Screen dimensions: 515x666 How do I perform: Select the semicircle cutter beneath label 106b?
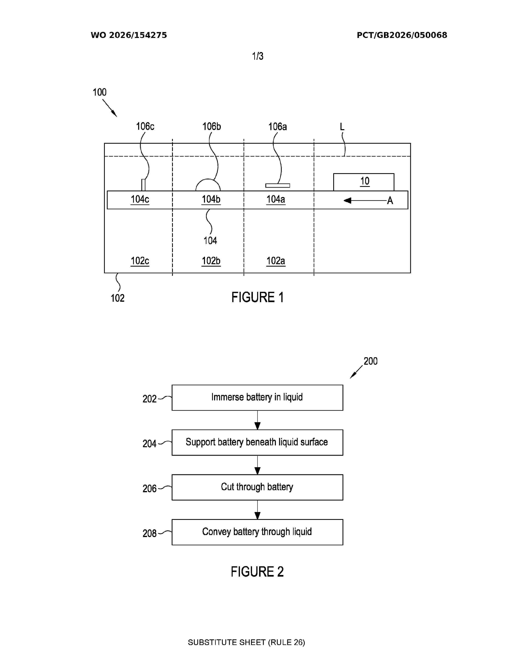coord(208,180)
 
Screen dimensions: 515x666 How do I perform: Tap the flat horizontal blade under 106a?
coord(278,185)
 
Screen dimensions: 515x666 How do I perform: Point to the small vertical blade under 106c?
coord(143,185)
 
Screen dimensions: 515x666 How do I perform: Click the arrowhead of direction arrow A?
coord(347,200)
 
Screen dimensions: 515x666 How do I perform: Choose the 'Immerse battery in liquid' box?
coord(257,398)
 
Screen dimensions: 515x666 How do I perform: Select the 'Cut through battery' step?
coord(257,487)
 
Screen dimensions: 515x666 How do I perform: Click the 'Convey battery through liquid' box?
coord(257,532)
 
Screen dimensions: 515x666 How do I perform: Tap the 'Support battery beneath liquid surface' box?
coord(257,442)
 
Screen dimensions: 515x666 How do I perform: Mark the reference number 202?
coord(149,399)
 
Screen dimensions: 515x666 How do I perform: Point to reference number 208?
coord(149,533)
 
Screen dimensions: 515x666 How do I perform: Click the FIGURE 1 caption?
coord(257,297)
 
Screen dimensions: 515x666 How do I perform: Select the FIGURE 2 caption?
coord(257,572)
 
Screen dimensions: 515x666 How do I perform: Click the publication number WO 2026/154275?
coord(129,35)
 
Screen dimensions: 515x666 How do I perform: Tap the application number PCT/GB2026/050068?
coord(402,35)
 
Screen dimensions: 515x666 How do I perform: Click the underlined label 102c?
coord(140,261)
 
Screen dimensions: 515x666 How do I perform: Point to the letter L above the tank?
coord(342,127)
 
